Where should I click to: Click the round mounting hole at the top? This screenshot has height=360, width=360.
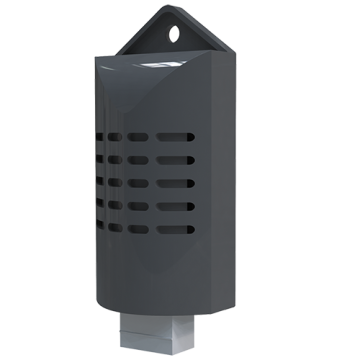pos(175,34)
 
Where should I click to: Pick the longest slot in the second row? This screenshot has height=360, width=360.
pos(176,160)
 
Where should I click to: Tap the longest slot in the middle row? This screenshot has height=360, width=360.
pos(176,184)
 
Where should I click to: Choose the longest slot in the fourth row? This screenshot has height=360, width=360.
pos(176,207)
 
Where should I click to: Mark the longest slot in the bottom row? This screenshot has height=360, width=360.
pos(176,230)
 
